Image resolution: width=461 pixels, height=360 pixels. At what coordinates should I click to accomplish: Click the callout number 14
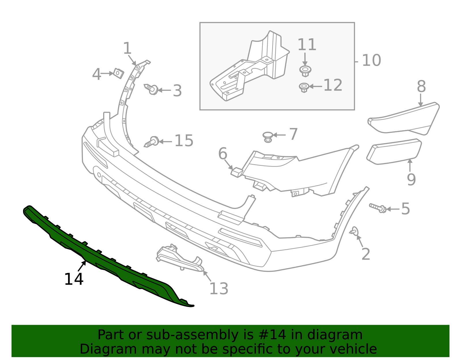pyautogui.click(x=74, y=279)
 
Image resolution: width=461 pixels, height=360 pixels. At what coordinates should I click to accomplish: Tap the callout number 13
pyautogui.click(x=219, y=289)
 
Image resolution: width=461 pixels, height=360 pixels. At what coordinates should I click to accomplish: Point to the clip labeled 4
pyautogui.click(x=118, y=73)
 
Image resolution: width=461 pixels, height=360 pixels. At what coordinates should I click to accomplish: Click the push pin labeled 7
pyautogui.click(x=268, y=136)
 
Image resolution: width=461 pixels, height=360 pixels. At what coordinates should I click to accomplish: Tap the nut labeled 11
pyautogui.click(x=305, y=71)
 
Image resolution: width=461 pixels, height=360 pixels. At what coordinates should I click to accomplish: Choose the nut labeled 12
pyautogui.click(x=304, y=87)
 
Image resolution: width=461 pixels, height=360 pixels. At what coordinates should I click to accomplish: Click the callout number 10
pyautogui.click(x=371, y=61)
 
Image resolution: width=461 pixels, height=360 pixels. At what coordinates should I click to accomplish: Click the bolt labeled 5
pyautogui.click(x=378, y=208)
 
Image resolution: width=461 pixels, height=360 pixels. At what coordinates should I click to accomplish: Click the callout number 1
pyautogui.click(x=127, y=48)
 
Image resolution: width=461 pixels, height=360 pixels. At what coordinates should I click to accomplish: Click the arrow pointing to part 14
pyautogui.click(x=82, y=266)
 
